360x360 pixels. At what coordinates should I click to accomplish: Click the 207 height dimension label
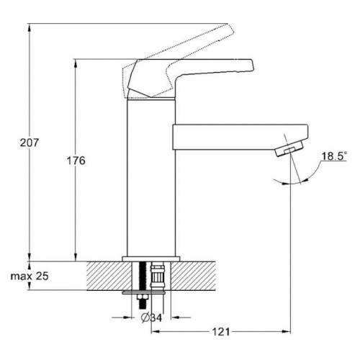click(30, 143)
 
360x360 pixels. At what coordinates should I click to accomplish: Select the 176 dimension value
click(76, 161)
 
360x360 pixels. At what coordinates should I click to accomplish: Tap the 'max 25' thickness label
click(30, 276)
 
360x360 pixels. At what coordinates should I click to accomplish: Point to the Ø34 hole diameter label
click(151, 318)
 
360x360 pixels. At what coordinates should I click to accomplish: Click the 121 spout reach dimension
click(221, 332)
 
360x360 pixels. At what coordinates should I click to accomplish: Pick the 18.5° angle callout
click(334, 156)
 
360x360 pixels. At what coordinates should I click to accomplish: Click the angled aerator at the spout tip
click(289, 149)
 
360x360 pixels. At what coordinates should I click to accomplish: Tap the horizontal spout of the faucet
click(240, 137)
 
